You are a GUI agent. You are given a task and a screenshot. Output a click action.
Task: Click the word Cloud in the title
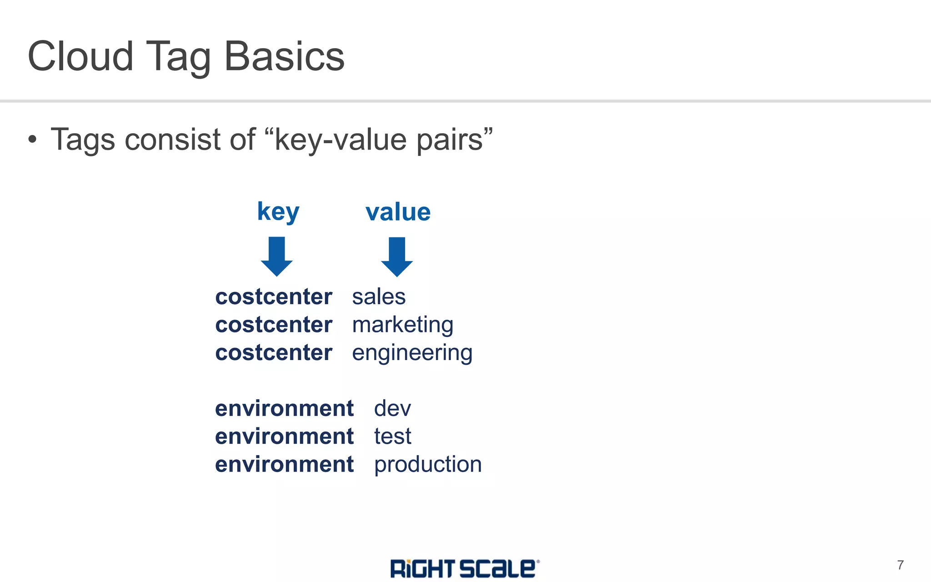click(80, 56)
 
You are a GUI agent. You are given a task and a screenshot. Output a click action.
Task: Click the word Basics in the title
click(285, 56)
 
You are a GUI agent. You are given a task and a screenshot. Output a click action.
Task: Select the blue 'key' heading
click(278, 212)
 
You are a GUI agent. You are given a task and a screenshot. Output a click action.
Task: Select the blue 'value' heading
click(398, 212)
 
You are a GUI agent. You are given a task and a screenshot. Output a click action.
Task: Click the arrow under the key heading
click(276, 256)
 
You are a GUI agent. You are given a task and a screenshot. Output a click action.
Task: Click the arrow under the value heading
click(397, 256)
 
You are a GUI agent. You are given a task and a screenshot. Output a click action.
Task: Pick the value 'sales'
click(379, 297)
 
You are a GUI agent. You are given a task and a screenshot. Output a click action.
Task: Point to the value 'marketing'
click(402, 326)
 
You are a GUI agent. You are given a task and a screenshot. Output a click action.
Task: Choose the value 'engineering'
click(412, 353)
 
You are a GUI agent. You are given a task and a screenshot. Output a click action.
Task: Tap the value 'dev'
click(392, 408)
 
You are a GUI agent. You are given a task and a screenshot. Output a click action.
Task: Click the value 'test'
click(392, 436)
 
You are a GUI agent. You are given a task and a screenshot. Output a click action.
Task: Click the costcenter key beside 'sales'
click(274, 297)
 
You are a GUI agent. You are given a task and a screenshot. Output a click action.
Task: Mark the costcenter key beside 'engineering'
click(274, 353)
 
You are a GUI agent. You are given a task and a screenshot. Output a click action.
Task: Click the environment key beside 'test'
click(284, 436)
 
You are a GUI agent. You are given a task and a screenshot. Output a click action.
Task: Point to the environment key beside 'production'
click(284, 465)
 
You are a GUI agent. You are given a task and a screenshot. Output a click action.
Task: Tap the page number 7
click(900, 565)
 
